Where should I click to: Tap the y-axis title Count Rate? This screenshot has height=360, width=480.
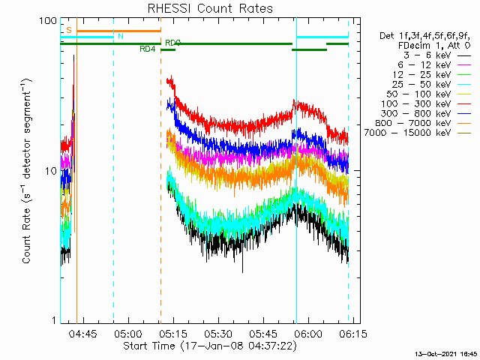tap(27, 171)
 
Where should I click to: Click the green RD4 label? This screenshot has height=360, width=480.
tap(148, 49)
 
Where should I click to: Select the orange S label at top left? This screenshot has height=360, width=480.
tap(69, 30)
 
